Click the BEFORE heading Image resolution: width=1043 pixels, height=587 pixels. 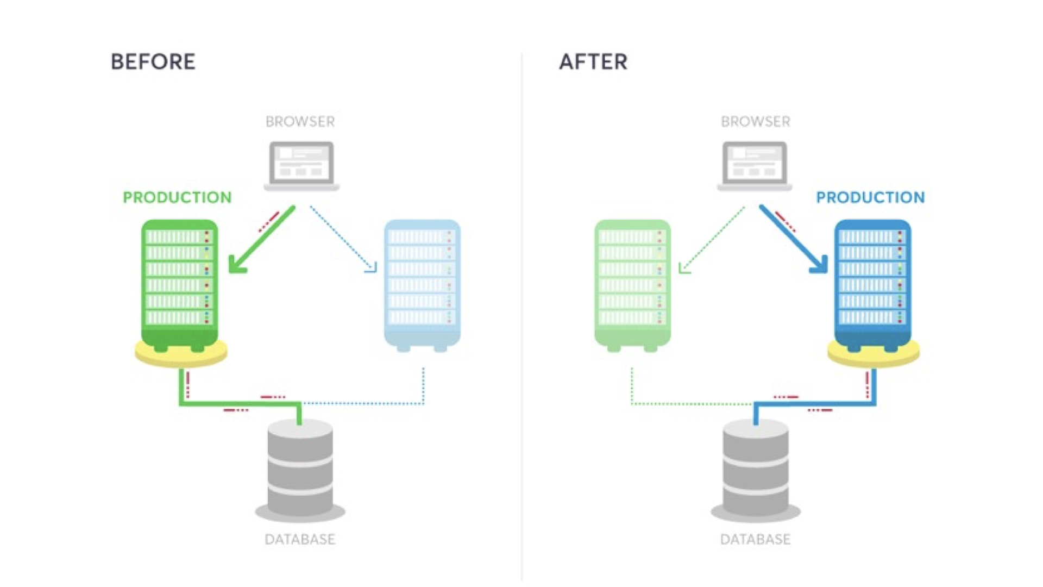[x=153, y=62]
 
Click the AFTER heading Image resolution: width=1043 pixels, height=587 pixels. [x=593, y=62]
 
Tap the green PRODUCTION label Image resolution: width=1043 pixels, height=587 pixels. [x=177, y=197]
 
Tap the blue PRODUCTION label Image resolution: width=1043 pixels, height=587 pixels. [x=870, y=197]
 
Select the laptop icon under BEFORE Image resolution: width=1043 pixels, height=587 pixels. [x=301, y=165]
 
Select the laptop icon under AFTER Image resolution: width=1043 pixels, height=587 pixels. [x=755, y=165]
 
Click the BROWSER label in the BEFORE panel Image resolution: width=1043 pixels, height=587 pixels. [x=300, y=122]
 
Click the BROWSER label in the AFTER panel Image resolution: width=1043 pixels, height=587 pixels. [x=755, y=122]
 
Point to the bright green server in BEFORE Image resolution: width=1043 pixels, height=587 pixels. [x=179, y=283]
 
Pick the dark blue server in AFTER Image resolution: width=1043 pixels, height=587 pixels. [x=872, y=283]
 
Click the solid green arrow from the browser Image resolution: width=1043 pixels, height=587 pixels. [x=261, y=239]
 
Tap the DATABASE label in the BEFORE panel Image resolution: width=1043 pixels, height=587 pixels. [x=300, y=539]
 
